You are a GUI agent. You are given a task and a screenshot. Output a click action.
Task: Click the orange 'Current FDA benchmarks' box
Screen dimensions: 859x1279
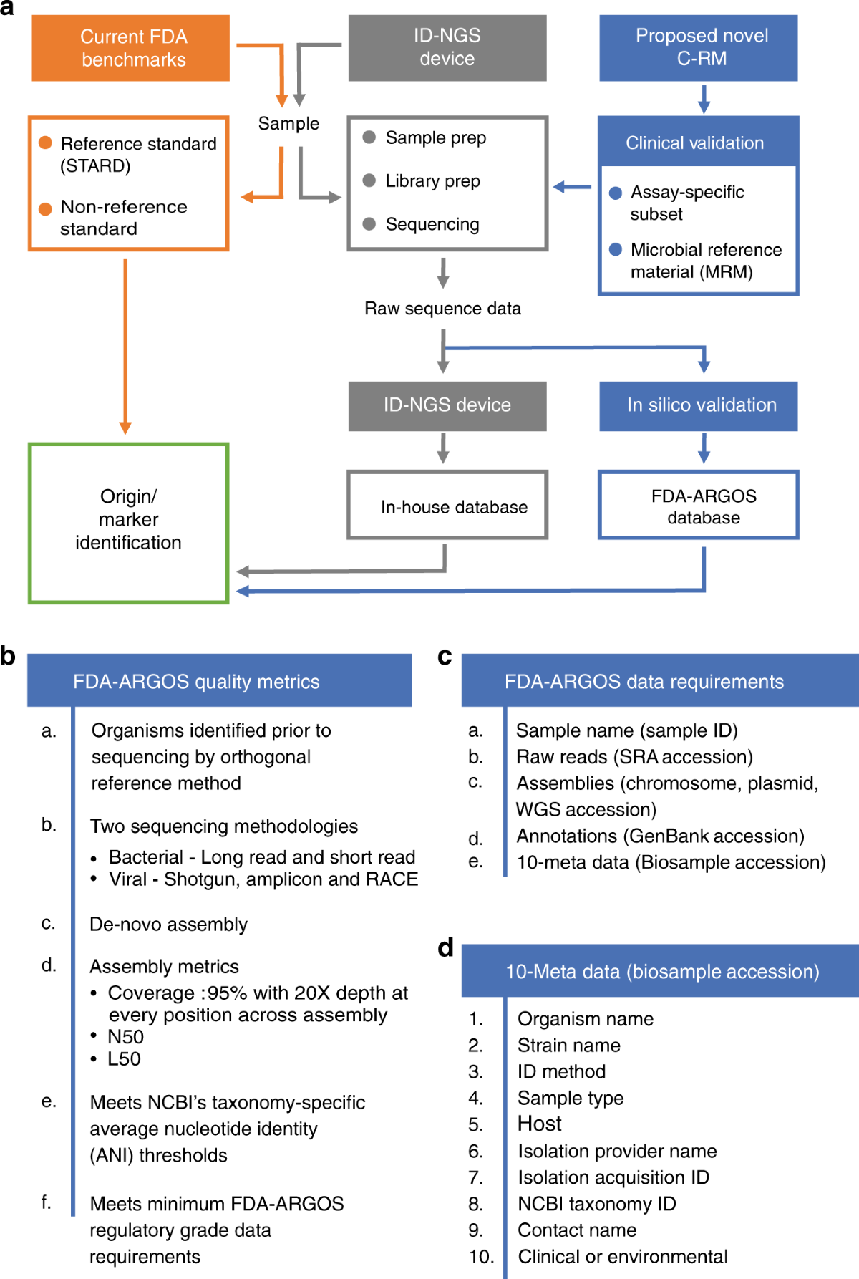pos(131,48)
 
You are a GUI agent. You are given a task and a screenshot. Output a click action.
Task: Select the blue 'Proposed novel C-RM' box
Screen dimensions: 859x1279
pos(699,48)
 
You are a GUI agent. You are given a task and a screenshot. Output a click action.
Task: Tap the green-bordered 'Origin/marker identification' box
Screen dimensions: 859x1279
pos(129,523)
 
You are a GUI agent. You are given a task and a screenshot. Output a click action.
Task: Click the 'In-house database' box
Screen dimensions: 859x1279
pos(447,505)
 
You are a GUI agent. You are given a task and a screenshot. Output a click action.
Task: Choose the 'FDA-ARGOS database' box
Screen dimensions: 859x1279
pos(699,505)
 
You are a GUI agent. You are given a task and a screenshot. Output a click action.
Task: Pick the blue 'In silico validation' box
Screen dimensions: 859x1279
pos(699,406)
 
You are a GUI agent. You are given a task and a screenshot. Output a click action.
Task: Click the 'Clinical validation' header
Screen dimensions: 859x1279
pos(698,142)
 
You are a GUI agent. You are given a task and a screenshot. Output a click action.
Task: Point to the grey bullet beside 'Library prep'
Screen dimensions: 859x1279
pos(369,180)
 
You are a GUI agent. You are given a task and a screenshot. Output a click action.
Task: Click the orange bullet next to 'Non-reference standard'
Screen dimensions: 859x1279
pos(45,208)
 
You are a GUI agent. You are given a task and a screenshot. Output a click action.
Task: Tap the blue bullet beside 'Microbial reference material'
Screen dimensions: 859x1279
pos(616,249)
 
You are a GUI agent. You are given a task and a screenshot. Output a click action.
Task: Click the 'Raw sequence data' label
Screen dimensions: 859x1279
pos(442,309)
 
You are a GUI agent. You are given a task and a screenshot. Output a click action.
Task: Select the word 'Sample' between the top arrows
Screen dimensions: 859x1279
pos(288,123)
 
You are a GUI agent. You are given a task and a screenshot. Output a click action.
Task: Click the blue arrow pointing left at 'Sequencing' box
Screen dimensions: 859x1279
pos(572,187)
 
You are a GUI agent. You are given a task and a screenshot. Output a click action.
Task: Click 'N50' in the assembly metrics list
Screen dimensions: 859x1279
pos(125,1037)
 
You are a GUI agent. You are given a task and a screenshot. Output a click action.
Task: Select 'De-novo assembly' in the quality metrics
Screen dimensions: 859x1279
pos(168,925)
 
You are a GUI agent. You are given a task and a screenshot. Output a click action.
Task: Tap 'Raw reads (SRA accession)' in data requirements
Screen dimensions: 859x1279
pos(635,757)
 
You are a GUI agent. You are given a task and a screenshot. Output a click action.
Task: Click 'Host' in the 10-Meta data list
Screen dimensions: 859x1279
pos(540,1124)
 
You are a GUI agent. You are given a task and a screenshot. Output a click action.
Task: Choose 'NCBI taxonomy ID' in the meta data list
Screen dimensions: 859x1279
pos(597,1204)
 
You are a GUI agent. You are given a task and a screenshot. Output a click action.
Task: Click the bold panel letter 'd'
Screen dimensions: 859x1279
pos(446,947)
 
